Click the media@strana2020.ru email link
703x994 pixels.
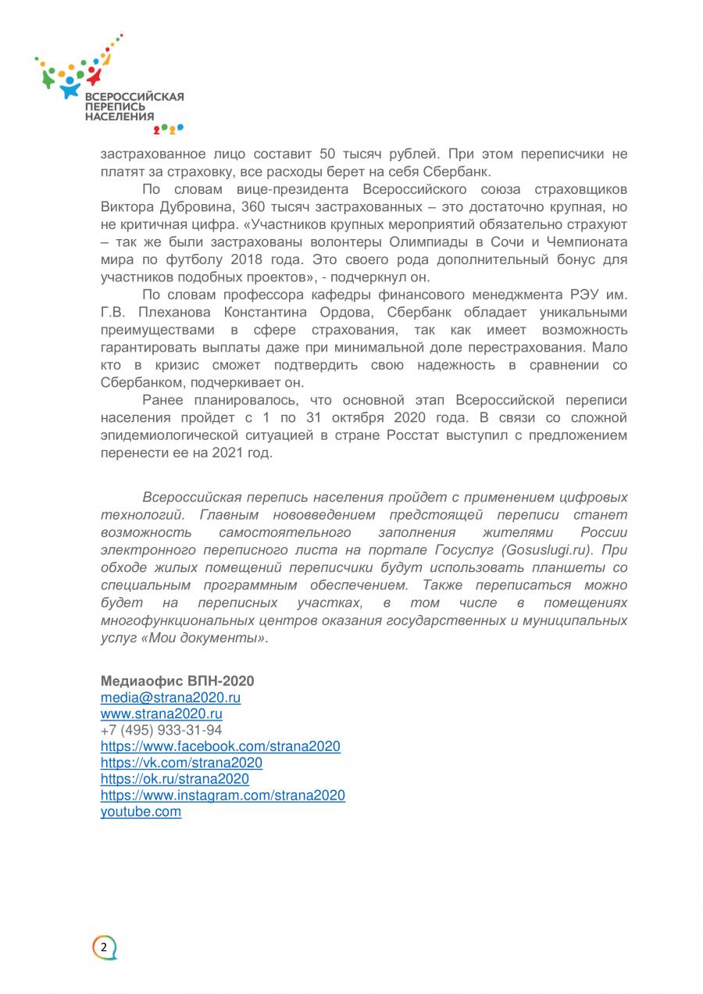click(x=170, y=697)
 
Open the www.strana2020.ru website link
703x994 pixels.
click(x=162, y=713)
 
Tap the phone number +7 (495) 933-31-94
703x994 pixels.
click(x=161, y=730)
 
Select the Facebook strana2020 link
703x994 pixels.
click(x=220, y=746)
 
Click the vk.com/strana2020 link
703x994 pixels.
click(x=181, y=763)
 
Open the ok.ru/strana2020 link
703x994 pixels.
click(x=175, y=779)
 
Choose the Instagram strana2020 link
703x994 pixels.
click(x=223, y=795)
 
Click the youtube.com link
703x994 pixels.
click(x=141, y=811)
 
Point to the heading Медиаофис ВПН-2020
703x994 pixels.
click(x=177, y=681)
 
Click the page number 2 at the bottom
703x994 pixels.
click(x=104, y=947)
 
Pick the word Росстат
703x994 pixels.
click(x=417, y=436)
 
